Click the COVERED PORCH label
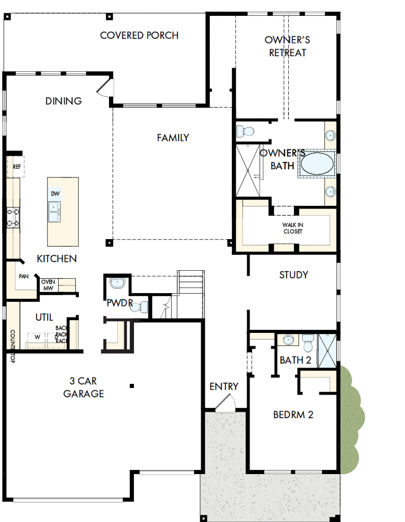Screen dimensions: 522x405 pos(139,35)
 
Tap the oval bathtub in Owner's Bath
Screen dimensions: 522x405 pos(317,164)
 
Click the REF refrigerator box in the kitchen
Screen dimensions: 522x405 pos(16,167)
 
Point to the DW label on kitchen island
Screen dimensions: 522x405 pos(56,194)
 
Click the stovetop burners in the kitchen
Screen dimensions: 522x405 pos(13,216)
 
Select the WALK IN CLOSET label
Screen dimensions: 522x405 pos(292,228)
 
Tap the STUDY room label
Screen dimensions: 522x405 pos(293,275)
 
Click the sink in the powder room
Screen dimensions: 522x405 pos(117,282)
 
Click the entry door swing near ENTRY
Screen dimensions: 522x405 pos(224,403)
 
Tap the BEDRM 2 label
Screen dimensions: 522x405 pos(293,414)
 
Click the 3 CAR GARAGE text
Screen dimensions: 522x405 pos(84,387)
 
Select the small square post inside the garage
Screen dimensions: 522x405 pos(131,385)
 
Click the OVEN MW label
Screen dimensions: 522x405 pos(48,285)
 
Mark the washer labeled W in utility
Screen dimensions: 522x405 pos(37,337)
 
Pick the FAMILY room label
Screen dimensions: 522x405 pos(173,138)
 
